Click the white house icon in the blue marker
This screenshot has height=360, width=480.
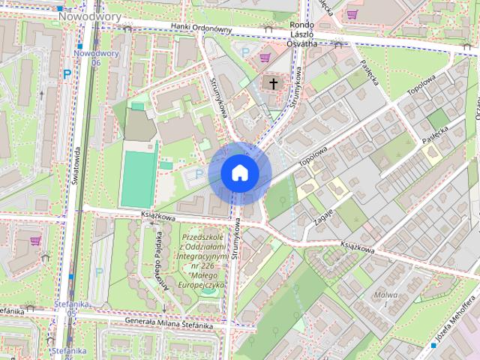[239, 173]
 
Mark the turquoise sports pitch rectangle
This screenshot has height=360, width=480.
[139, 178]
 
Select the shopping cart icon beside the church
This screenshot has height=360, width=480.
[263, 56]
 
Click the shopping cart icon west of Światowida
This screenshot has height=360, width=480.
[35, 241]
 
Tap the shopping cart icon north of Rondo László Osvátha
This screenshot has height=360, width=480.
[352, 13]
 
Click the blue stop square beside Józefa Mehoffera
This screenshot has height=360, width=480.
[434, 346]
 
